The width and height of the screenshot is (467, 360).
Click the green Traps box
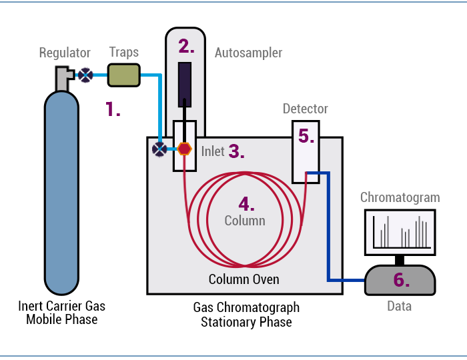click(123, 75)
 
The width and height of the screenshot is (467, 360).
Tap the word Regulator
click(65, 53)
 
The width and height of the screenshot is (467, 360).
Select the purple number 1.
click(113, 109)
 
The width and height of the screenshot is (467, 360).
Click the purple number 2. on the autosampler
click(186, 46)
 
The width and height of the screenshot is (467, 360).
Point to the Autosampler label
click(248, 53)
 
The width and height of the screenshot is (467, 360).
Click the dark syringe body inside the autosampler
click(185, 84)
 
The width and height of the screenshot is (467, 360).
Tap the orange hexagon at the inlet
click(185, 149)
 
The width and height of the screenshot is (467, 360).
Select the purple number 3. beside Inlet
click(236, 151)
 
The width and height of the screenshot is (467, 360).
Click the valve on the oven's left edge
click(159, 149)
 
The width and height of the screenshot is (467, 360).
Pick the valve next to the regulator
click(85, 75)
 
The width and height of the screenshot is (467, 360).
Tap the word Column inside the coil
click(245, 221)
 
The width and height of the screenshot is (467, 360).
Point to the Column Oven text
click(244, 279)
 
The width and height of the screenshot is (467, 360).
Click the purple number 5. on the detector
click(306, 136)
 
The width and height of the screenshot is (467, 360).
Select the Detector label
click(306, 109)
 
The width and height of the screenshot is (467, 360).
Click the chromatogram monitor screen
click(400, 232)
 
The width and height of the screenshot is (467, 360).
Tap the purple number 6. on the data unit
click(400, 280)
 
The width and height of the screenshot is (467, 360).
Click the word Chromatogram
click(400, 197)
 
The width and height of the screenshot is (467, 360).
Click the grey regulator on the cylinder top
click(63, 78)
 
